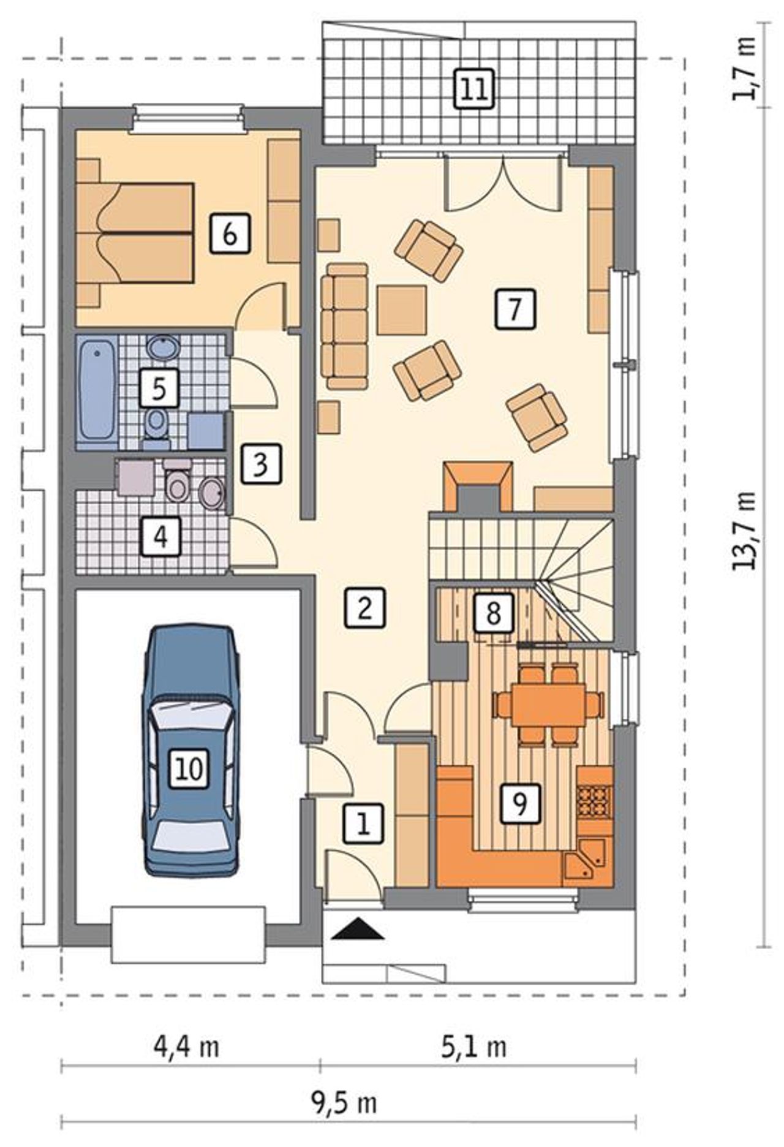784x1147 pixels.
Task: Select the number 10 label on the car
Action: pyautogui.click(x=190, y=768)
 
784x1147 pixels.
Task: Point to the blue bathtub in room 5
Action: pyautogui.click(x=97, y=390)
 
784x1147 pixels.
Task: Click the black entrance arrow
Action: pyautogui.click(x=357, y=929)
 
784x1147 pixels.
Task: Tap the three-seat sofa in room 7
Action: pyautogui.click(x=347, y=327)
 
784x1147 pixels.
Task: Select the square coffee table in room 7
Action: pyautogui.click(x=402, y=310)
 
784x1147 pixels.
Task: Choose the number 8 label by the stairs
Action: pyautogui.click(x=493, y=612)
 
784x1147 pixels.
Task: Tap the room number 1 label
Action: pyautogui.click(x=363, y=824)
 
